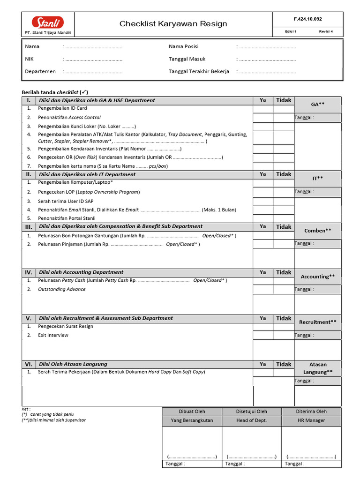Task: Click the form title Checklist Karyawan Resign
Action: tap(173, 24)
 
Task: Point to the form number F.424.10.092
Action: tap(307, 19)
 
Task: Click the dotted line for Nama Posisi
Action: tap(267, 47)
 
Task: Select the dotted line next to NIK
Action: tap(93, 60)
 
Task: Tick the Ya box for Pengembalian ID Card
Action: tap(262, 109)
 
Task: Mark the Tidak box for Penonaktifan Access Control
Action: tap(283, 118)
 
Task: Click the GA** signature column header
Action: tap(317, 105)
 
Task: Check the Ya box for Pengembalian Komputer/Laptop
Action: tap(262, 182)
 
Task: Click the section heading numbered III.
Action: tap(28, 227)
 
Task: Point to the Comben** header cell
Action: tap(317, 231)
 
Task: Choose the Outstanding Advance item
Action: tap(62, 289)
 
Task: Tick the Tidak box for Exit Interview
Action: tap(283, 336)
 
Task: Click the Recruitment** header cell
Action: tap(317, 322)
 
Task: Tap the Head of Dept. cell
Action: tap(251, 420)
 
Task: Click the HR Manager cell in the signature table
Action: tap(311, 420)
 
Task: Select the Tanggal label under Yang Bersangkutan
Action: tap(175, 464)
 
